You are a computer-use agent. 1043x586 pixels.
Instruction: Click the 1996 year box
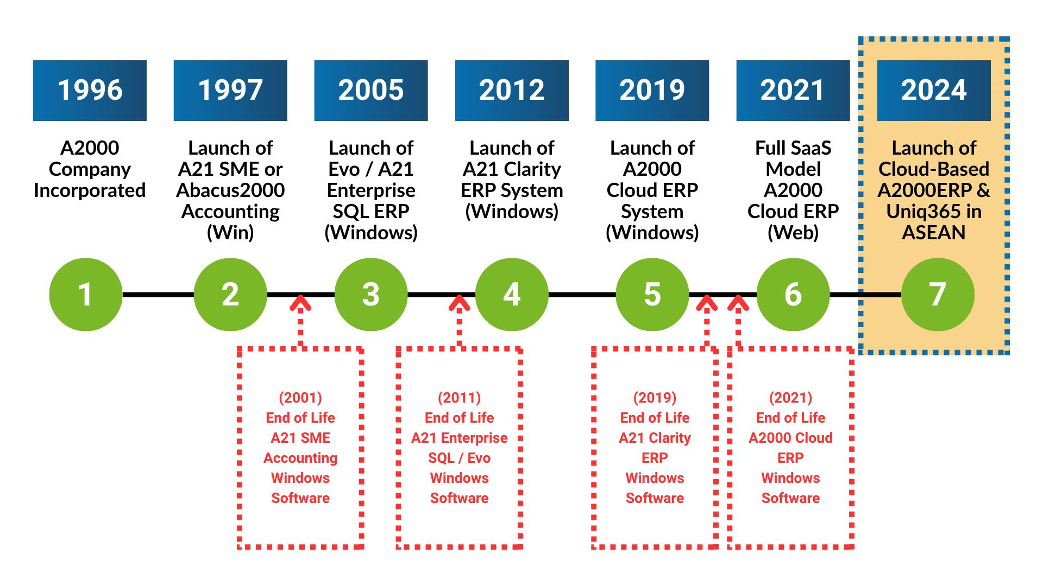(90, 90)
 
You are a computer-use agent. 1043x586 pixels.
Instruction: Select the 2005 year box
(371, 90)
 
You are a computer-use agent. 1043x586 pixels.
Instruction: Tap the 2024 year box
(934, 90)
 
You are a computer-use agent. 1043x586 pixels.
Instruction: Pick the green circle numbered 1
(85, 295)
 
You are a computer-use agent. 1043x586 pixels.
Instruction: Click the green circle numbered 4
(512, 295)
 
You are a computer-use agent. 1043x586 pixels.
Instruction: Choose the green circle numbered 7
(938, 295)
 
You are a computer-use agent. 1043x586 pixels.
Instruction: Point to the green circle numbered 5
(652, 295)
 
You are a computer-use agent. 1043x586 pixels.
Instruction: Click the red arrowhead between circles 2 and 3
(300, 303)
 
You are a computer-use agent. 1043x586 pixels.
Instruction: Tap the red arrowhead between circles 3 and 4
(460, 303)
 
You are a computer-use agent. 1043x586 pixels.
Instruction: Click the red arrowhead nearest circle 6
(738, 303)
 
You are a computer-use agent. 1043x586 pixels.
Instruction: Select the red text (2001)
(300, 398)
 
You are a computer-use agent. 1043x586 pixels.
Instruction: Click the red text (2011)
(460, 398)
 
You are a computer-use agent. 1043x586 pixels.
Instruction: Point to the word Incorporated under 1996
(90, 190)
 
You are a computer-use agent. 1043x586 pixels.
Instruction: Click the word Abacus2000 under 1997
(230, 190)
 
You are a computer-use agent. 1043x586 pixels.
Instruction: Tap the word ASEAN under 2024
(934, 233)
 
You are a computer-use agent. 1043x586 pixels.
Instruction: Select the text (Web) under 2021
(793, 233)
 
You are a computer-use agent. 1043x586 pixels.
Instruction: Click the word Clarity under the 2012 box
(532, 169)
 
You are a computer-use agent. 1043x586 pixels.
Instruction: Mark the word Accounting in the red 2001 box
(300, 458)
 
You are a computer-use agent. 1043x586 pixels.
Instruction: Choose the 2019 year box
(652, 90)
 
